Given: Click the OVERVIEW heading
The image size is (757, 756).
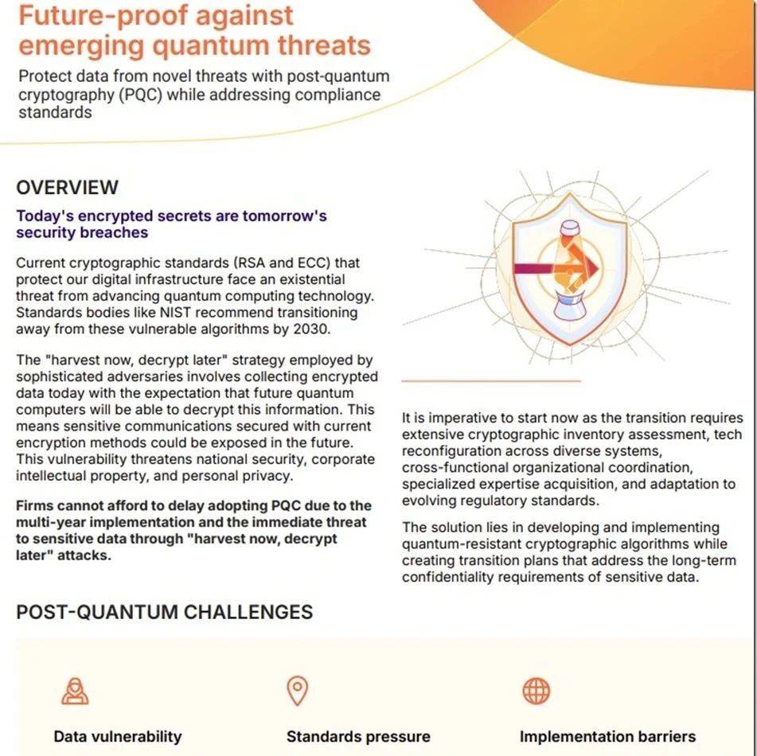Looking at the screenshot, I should click(67, 188).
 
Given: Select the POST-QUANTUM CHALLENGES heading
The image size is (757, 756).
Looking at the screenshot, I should click(164, 612).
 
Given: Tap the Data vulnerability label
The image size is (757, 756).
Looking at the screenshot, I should click(118, 736).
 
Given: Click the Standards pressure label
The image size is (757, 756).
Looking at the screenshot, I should click(358, 736).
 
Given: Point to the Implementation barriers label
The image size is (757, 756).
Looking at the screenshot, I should click(607, 736).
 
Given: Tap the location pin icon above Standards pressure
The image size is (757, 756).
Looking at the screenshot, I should click(298, 691).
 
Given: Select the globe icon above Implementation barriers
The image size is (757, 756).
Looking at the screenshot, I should click(536, 691).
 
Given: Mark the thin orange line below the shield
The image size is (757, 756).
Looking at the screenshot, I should click(490, 381).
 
